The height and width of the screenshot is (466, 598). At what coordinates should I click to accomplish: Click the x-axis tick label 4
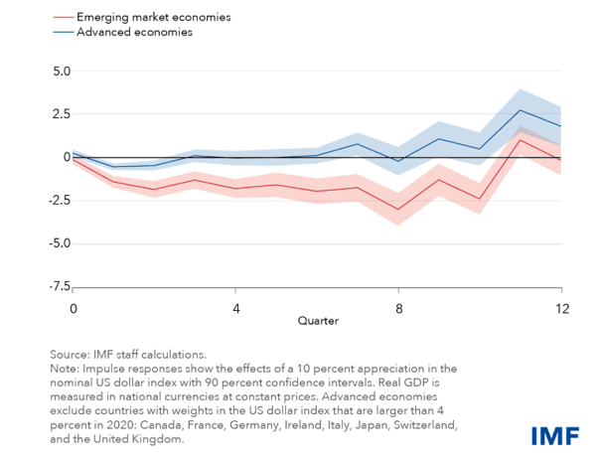[235, 308]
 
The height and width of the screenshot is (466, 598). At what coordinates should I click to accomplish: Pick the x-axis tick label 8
[398, 308]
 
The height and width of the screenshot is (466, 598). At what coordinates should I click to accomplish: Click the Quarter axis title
[317, 322]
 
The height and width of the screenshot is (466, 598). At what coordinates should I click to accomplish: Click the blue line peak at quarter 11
[521, 110]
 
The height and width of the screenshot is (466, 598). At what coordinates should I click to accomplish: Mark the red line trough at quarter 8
[398, 209]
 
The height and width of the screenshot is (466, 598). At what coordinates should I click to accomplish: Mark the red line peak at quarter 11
[521, 139]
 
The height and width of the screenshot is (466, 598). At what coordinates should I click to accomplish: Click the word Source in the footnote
[69, 354]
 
